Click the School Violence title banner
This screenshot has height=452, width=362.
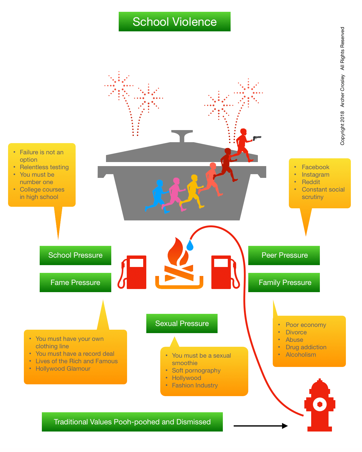[x=174, y=22]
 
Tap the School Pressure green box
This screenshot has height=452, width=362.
[x=75, y=255]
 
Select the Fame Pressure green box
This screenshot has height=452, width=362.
[x=75, y=282]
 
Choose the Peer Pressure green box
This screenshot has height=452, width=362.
[x=284, y=255]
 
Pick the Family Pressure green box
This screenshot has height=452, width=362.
[x=284, y=282]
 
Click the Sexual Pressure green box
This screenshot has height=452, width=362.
[x=182, y=323]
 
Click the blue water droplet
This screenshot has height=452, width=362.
[x=190, y=245]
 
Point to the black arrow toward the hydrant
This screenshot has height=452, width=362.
[x=260, y=426]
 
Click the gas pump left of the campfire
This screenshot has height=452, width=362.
[x=133, y=272]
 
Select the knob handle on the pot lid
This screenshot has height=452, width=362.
[x=182, y=135]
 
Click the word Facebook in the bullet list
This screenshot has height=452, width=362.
[x=316, y=167]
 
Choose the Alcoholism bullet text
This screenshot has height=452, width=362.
[x=301, y=355]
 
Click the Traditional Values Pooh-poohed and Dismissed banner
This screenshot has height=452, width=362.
[x=132, y=422]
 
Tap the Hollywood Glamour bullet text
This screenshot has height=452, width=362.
[x=63, y=368]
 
